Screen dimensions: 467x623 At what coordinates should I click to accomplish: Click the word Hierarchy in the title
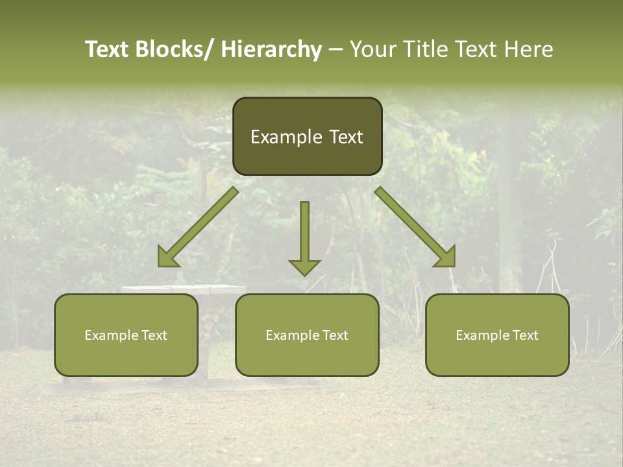271,49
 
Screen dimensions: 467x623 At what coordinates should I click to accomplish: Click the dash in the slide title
336,49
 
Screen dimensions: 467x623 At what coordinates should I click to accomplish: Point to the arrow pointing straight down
304,233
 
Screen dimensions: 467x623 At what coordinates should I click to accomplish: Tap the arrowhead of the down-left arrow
167,257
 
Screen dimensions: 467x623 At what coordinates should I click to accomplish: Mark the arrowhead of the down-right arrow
446,257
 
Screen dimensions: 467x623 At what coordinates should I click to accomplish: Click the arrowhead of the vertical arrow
304,267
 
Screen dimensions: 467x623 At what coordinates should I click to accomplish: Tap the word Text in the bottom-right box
524,335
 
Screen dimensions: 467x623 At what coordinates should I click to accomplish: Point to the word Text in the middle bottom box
334,335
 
